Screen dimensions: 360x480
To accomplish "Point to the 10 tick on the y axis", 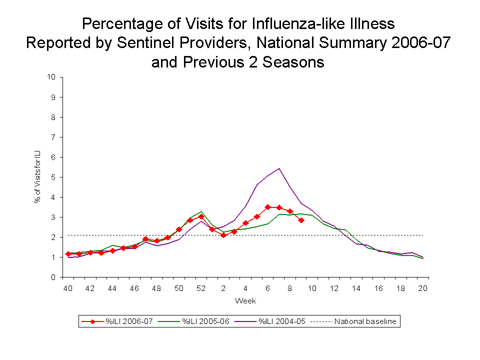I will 51,77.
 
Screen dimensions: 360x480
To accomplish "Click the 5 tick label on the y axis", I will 53,177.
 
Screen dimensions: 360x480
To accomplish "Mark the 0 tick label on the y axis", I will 53,277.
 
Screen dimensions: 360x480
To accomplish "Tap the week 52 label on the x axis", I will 201,288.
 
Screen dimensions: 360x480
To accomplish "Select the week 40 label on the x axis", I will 67,288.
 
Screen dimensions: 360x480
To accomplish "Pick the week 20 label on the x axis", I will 423,288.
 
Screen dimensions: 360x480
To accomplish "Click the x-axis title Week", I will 245,301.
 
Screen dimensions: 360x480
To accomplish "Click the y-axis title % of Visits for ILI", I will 37,177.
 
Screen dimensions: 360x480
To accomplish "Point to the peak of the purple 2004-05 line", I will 279,168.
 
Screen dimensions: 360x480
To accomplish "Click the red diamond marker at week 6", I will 268,207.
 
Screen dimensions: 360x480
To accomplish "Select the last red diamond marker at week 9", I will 301,220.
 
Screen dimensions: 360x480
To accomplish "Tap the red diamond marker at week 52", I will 201,216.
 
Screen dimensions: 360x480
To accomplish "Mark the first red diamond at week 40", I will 68,254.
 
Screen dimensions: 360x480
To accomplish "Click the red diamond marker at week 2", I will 223,235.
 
